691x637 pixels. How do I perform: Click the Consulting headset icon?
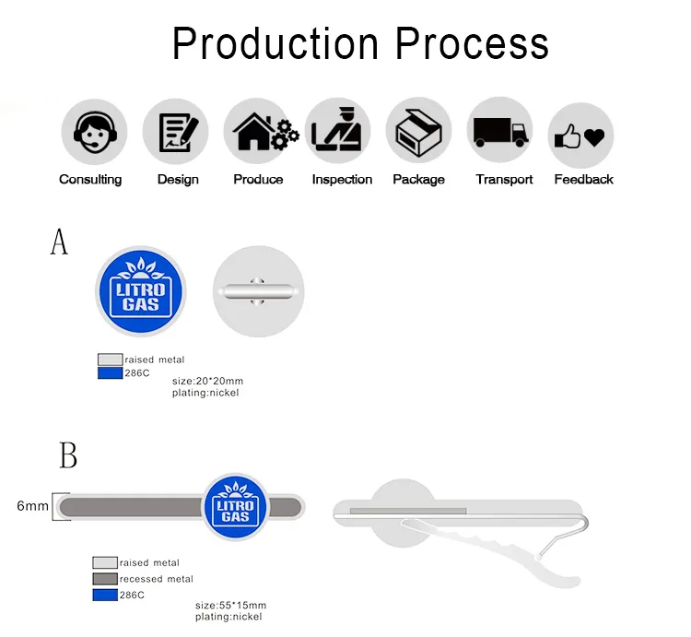click(95, 132)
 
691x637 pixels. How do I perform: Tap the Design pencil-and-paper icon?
click(178, 132)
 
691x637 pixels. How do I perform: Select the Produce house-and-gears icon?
click(265, 132)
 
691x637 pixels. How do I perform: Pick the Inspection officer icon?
click(336, 129)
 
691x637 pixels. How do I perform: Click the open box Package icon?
click(418, 133)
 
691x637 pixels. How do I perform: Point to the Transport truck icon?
click(501, 132)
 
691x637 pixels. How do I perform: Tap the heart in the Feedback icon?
click(594, 137)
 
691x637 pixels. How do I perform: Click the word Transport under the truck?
click(504, 180)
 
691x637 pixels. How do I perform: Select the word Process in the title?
click(472, 43)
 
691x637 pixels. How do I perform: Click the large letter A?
click(59, 242)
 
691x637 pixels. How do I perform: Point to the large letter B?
click(68, 455)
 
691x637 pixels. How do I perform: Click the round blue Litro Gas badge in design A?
click(141, 291)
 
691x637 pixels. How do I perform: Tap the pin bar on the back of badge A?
click(258, 291)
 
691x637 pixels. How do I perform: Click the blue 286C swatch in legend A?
click(110, 373)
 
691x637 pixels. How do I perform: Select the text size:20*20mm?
click(207, 381)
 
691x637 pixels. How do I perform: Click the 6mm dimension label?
click(32, 505)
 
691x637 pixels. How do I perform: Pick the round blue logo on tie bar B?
click(235, 506)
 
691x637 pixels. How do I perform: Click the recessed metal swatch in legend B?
click(105, 579)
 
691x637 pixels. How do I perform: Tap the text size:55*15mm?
click(230, 606)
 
